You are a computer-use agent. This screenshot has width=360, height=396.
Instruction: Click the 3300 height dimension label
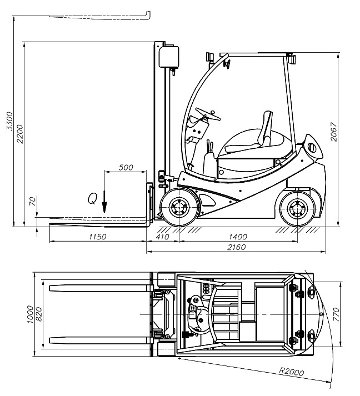coord(9,121)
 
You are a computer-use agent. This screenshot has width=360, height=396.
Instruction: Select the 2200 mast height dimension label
coord(19,134)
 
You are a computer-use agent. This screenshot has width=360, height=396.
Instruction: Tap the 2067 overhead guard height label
coord(334,132)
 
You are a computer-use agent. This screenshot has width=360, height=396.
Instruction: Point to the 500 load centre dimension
coord(126,167)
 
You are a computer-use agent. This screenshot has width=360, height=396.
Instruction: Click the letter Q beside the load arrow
coord(92,198)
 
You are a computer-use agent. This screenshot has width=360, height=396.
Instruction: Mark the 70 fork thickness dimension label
coord(33,201)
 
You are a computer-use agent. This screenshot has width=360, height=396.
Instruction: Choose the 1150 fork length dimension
coord(98,237)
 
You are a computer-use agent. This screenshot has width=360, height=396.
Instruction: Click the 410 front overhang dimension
coord(162,237)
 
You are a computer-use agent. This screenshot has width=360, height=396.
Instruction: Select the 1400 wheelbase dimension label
coord(238,237)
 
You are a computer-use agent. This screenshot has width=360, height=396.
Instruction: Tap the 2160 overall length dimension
coord(236,247)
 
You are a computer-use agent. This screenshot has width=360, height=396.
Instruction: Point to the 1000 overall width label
coord(30,314)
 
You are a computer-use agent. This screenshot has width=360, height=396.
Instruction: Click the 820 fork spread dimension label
coord(39,314)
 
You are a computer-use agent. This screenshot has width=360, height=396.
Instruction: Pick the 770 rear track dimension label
coord(336,314)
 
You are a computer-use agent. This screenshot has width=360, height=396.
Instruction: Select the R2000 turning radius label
coord(291,372)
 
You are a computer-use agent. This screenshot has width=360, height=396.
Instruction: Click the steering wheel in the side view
coord(208,114)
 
